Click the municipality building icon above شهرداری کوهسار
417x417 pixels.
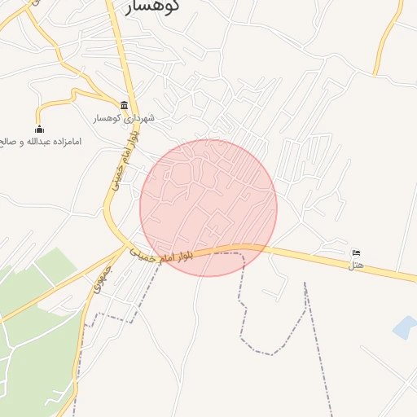[124, 105]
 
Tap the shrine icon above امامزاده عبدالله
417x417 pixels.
[39, 129]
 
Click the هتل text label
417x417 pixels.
[356, 266]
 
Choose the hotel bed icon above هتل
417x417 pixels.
[356, 253]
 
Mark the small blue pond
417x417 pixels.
[404, 327]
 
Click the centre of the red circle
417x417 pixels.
[208, 208]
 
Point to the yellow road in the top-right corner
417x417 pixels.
[389, 37]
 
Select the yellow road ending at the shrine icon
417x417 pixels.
[57, 102]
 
